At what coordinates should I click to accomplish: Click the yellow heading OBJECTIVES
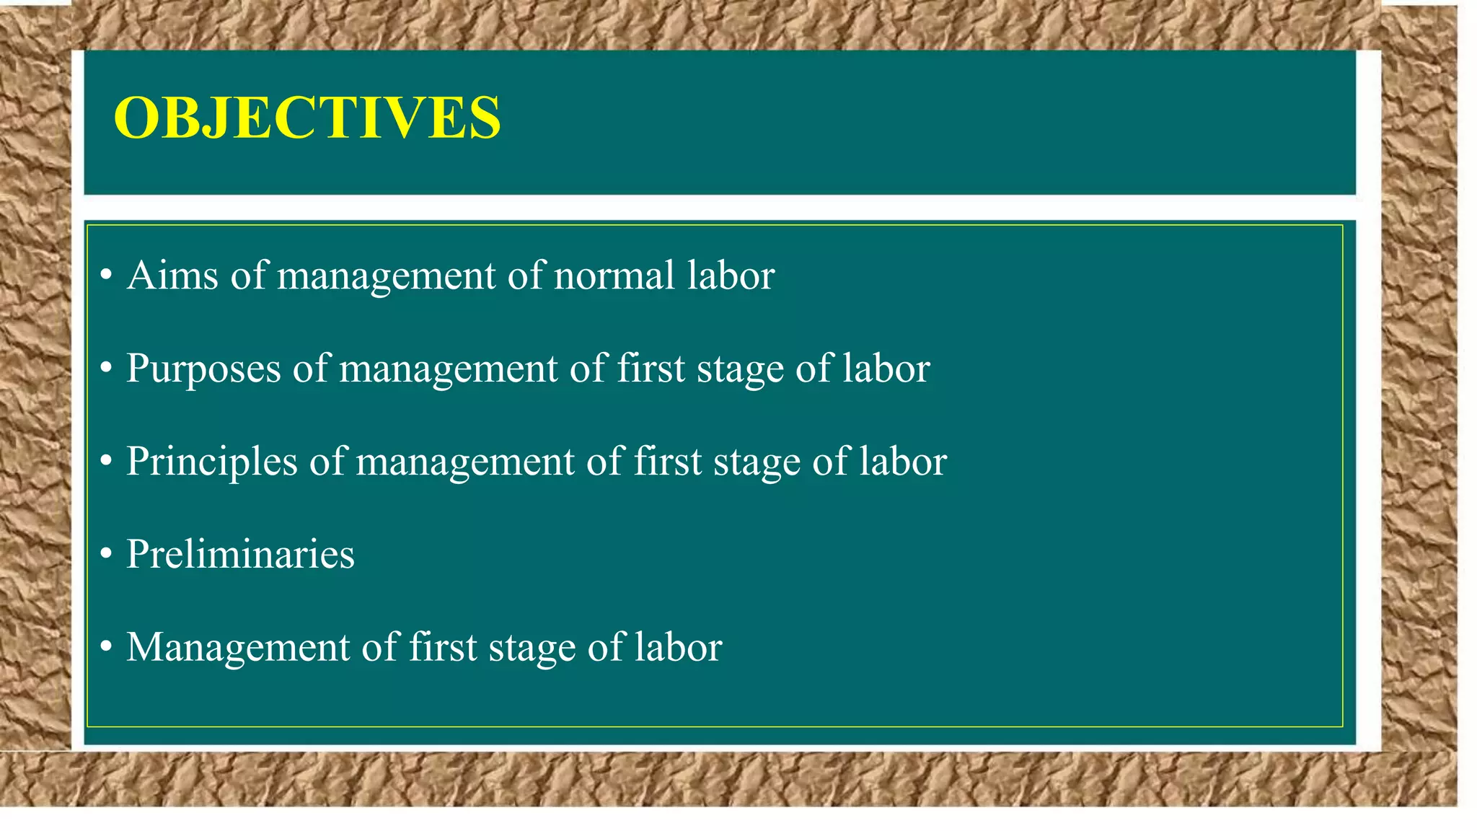tap(307, 118)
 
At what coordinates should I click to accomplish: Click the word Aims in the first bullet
tap(172, 276)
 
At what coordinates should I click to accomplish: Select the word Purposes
tap(203, 369)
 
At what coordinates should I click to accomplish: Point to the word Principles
tap(212, 462)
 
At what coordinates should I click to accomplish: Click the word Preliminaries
tap(240, 554)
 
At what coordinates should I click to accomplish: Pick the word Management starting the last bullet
tap(238, 648)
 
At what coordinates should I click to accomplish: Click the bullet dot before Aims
tap(106, 276)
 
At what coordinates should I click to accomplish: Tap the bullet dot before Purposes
tap(106, 369)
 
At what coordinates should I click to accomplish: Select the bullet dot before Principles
tap(106, 462)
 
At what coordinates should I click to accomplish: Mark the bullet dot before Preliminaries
tap(106, 554)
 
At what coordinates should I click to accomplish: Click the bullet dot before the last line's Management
tap(106, 647)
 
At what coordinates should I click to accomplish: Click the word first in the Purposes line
tap(651, 369)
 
